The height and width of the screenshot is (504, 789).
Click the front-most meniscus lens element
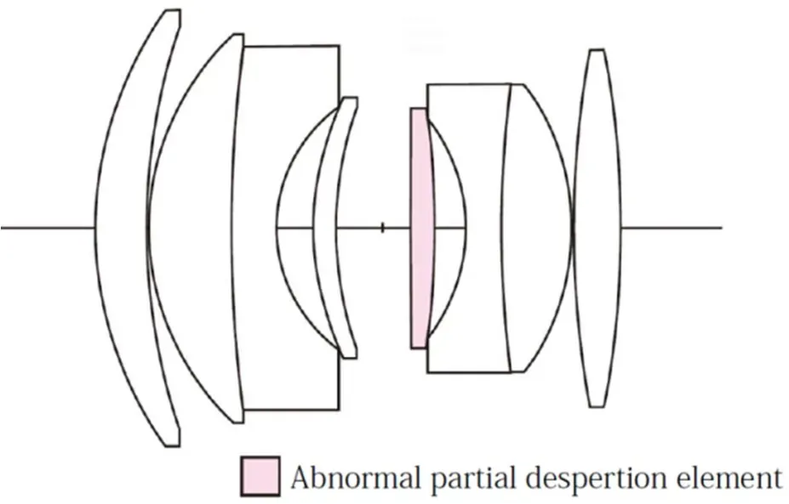click(x=121, y=228)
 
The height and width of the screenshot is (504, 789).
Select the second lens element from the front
click(x=192, y=228)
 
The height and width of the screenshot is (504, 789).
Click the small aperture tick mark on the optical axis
click(x=382, y=228)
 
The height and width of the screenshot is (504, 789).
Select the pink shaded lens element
click(x=421, y=228)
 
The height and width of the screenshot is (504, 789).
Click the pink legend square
click(x=260, y=475)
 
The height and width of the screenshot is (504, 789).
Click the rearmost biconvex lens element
click(x=597, y=228)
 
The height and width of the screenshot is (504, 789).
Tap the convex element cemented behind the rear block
click(x=539, y=228)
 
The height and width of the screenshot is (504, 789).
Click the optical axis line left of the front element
click(x=48, y=228)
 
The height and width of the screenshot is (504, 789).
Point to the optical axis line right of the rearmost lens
click(x=672, y=228)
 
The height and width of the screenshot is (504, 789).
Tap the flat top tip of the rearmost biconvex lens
click(x=597, y=49)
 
